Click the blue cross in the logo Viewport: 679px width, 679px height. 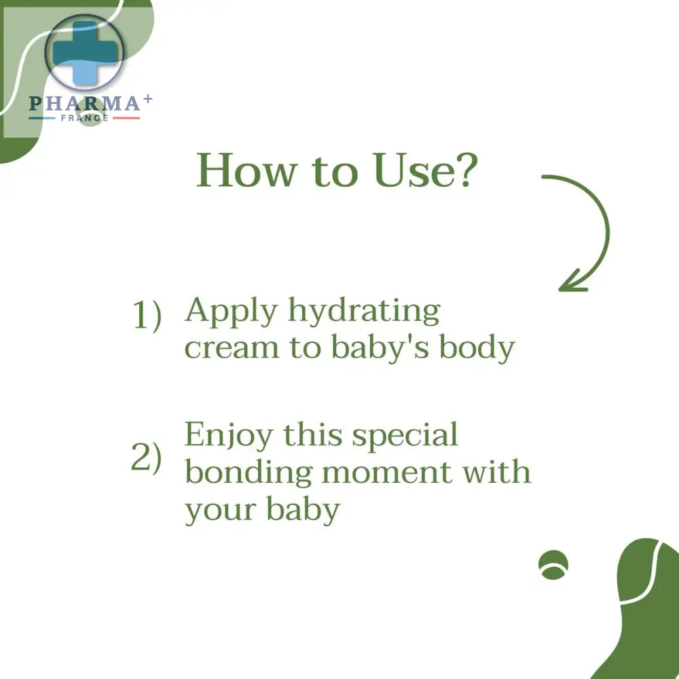click(85, 53)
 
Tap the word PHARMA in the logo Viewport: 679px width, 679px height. click(84, 103)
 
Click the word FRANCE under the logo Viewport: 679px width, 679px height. click(84, 117)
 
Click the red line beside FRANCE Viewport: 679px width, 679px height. click(126, 117)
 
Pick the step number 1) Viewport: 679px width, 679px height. click(147, 316)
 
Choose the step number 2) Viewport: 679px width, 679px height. click(147, 457)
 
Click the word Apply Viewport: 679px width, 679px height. click(232, 312)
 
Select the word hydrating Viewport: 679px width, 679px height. click(364, 312)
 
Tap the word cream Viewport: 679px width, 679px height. click(232, 348)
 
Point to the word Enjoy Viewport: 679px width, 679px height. click(229, 437)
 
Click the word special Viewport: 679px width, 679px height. click(405, 437)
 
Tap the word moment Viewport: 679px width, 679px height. click(387, 473)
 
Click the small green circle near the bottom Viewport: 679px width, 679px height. click(553, 565)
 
